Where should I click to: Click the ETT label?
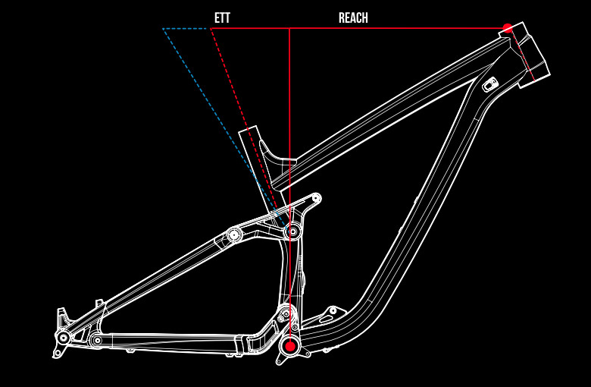pyautogui.click(x=221, y=17)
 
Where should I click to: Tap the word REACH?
pyautogui.click(x=353, y=17)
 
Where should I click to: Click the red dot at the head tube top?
pyautogui.click(x=508, y=28)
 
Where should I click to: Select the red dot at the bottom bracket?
pyautogui.click(x=289, y=347)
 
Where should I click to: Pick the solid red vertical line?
pyautogui.click(x=289, y=114)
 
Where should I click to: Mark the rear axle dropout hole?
pyautogui.click(x=63, y=337)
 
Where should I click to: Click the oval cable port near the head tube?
pyautogui.click(x=489, y=83)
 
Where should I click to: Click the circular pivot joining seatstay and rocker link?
pyautogui.click(x=234, y=234)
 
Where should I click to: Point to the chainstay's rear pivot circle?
pyautogui.click(x=96, y=341)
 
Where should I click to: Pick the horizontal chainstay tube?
pyautogui.click(x=174, y=341)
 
